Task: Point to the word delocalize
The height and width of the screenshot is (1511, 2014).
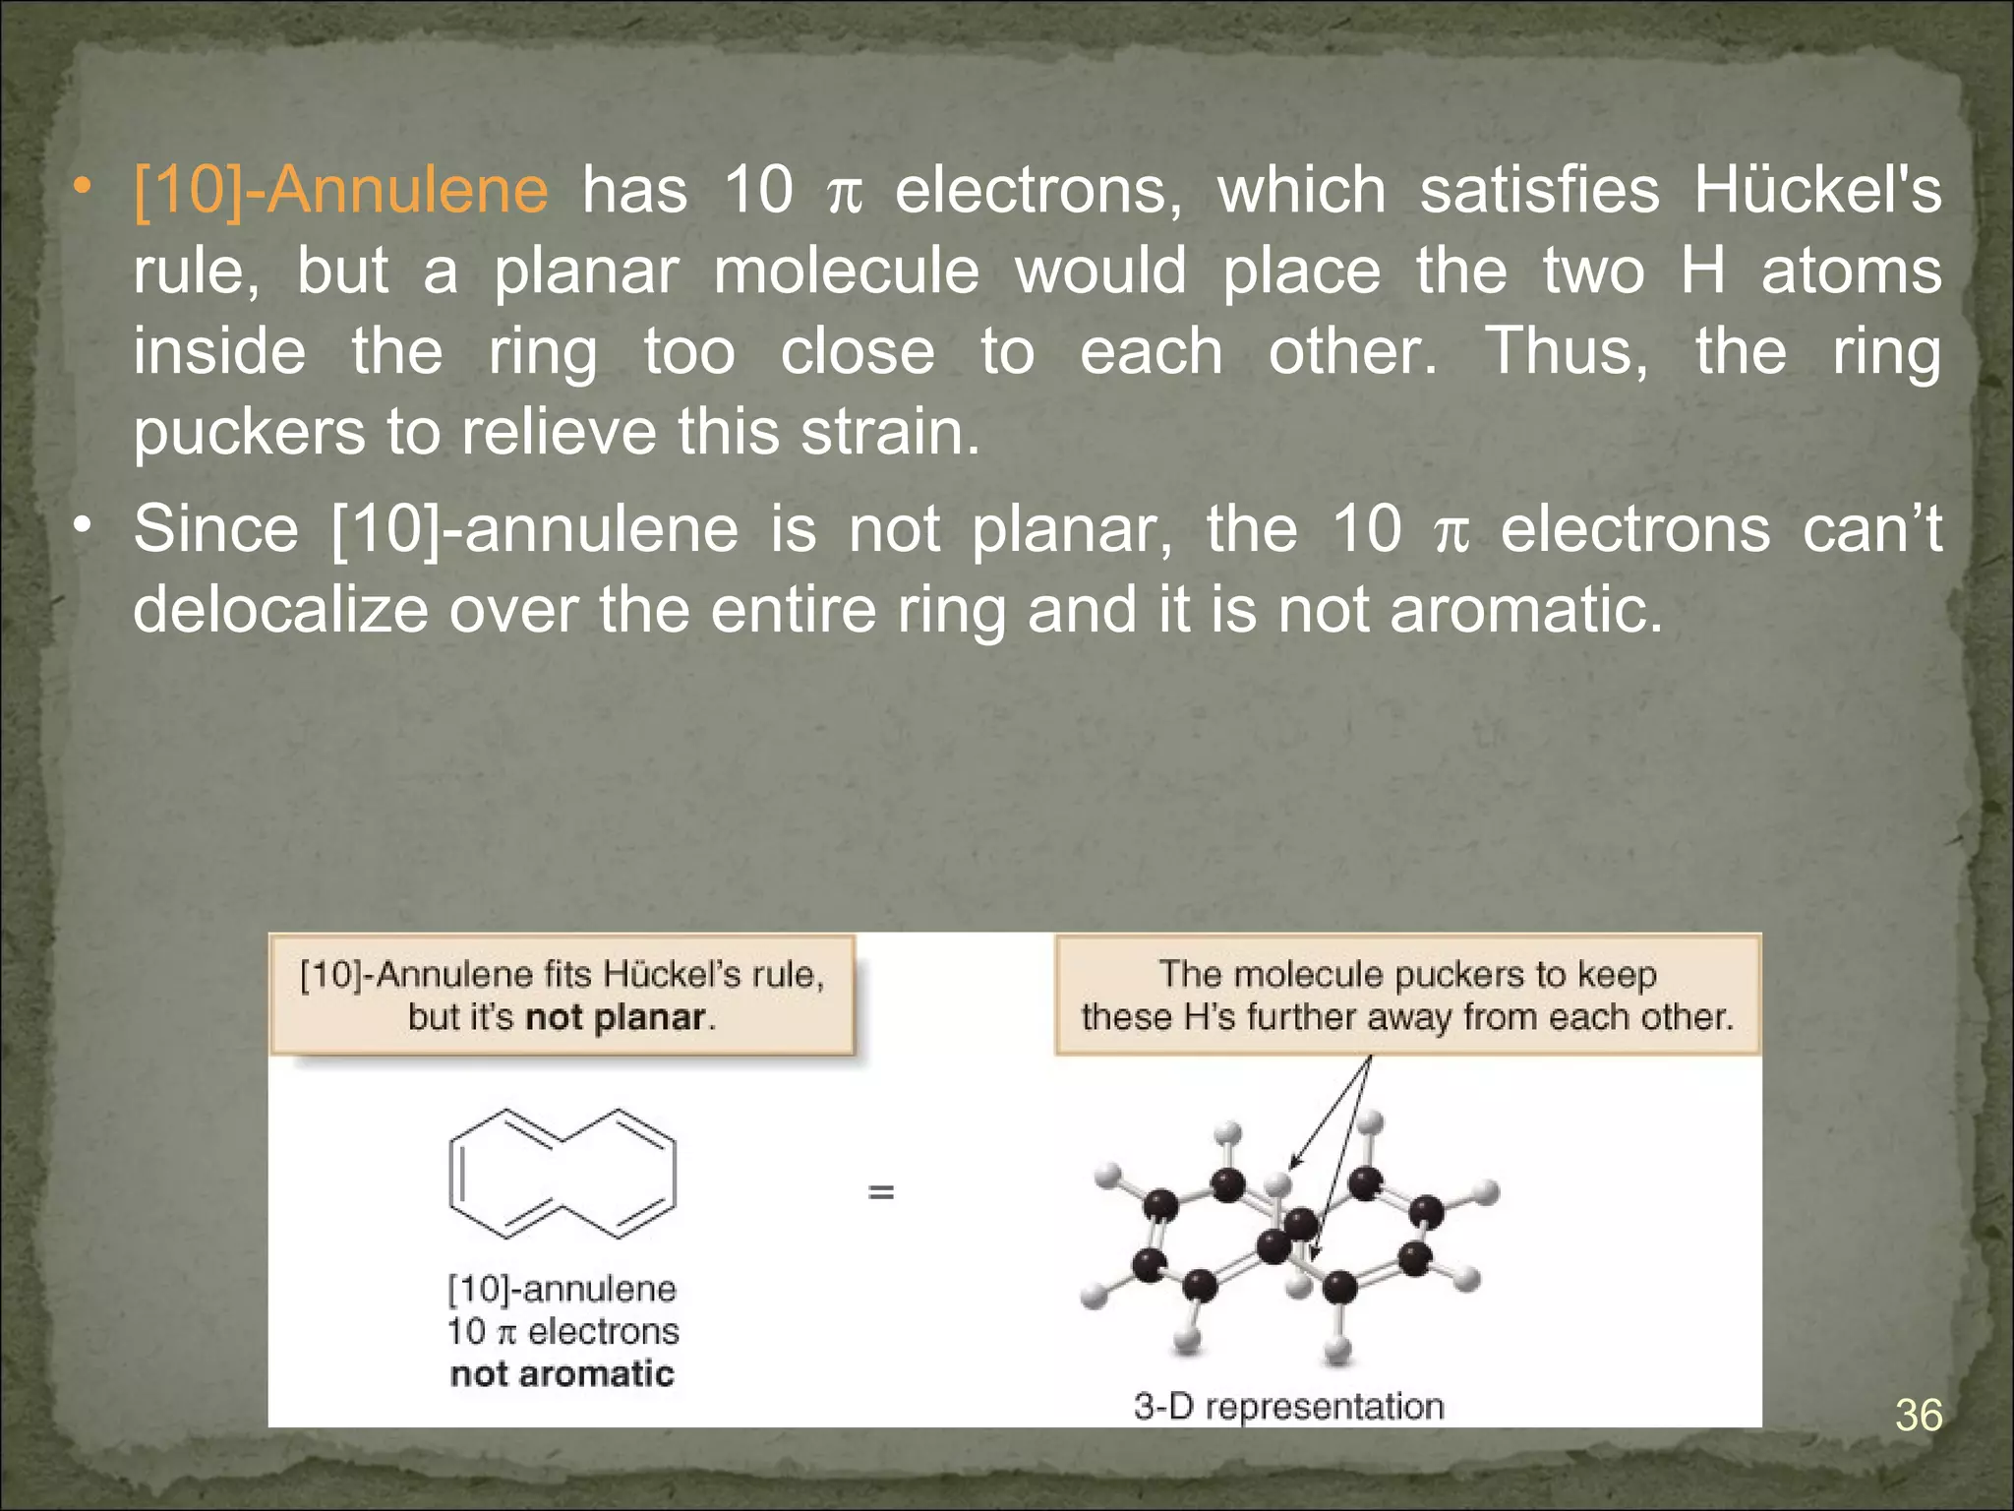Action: [280, 610]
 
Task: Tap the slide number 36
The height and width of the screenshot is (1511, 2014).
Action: [1919, 1416]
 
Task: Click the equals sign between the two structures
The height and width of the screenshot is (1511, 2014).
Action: [881, 1192]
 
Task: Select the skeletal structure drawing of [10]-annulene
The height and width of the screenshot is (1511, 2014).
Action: [563, 1174]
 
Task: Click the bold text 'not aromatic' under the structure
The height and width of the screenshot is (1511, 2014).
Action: [563, 1373]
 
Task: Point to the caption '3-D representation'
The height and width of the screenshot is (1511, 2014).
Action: [1288, 1406]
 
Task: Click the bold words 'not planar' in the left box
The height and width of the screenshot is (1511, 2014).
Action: [616, 1017]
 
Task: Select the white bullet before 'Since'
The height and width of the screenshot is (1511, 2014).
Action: [85, 525]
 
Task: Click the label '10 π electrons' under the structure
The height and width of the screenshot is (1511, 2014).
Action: [563, 1331]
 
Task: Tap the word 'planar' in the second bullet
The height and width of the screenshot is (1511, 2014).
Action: [1072, 529]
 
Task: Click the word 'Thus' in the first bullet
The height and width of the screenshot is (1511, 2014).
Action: [1565, 350]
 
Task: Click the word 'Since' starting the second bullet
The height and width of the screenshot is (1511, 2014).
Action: [215, 529]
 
